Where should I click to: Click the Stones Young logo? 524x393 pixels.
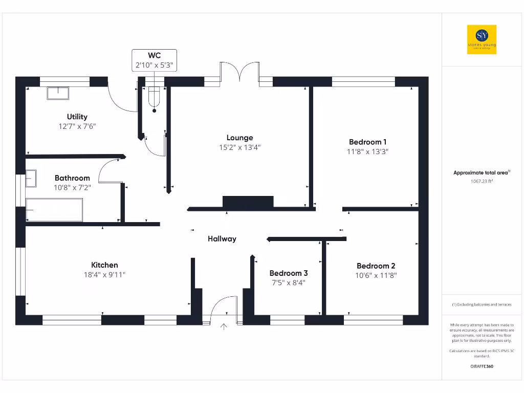coord(482,39)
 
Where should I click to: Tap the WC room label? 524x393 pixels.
coord(154,55)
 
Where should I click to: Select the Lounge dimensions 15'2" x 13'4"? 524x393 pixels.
coord(239,147)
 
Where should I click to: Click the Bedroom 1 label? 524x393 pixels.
coord(367,142)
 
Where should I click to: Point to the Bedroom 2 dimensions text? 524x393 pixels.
coord(376,275)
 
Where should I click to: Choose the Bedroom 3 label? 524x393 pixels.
coord(289,273)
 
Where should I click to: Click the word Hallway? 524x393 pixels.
coord(222,238)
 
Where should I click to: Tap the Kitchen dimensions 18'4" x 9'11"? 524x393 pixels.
coord(104,274)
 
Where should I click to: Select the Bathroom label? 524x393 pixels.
coord(72,178)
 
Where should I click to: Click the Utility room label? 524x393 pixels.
coord(77,117)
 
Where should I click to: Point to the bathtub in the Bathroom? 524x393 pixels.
coord(54,210)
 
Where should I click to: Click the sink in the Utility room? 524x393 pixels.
coord(58,93)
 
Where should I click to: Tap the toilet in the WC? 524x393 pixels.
coord(154,98)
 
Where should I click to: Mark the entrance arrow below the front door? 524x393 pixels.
coord(224,326)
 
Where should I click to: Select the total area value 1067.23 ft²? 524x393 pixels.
coord(481,181)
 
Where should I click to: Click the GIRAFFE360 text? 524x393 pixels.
coord(481,366)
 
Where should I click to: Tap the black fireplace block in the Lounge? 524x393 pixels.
coord(248,202)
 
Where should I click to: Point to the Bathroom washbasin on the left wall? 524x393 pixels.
coord(31,179)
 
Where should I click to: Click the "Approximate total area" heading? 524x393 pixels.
coord(480,173)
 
